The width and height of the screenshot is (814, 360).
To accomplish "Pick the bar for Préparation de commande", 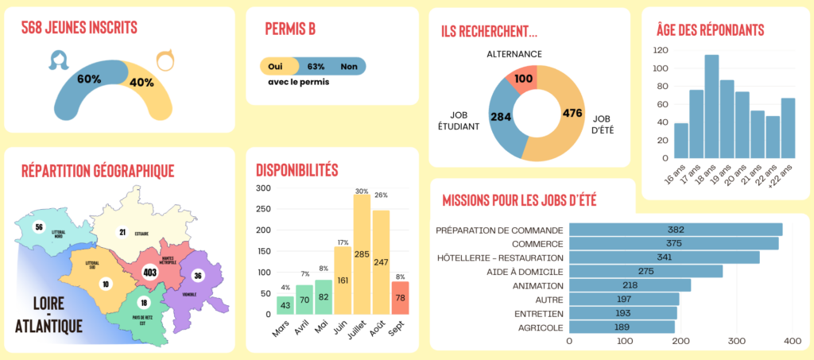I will tap(676, 230).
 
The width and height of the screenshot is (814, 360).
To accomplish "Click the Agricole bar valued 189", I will tap(622, 327).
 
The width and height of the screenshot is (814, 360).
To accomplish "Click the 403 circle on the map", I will tap(148, 273).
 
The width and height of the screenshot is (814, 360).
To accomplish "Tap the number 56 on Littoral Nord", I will tap(38, 226).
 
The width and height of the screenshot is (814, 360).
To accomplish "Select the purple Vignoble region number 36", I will tap(198, 276).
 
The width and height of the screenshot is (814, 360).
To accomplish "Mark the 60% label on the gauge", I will tap(89, 79).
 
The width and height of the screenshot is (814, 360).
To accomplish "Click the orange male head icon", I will tap(165, 60).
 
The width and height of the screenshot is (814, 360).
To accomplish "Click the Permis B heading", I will tap(290, 29).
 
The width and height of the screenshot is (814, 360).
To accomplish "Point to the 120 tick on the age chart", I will tap(659, 49).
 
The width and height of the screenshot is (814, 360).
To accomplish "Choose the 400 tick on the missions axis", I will tap(792, 341).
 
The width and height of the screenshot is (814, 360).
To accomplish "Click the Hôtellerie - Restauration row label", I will tap(500, 257).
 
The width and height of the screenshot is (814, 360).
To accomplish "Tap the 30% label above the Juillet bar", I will tap(362, 191).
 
